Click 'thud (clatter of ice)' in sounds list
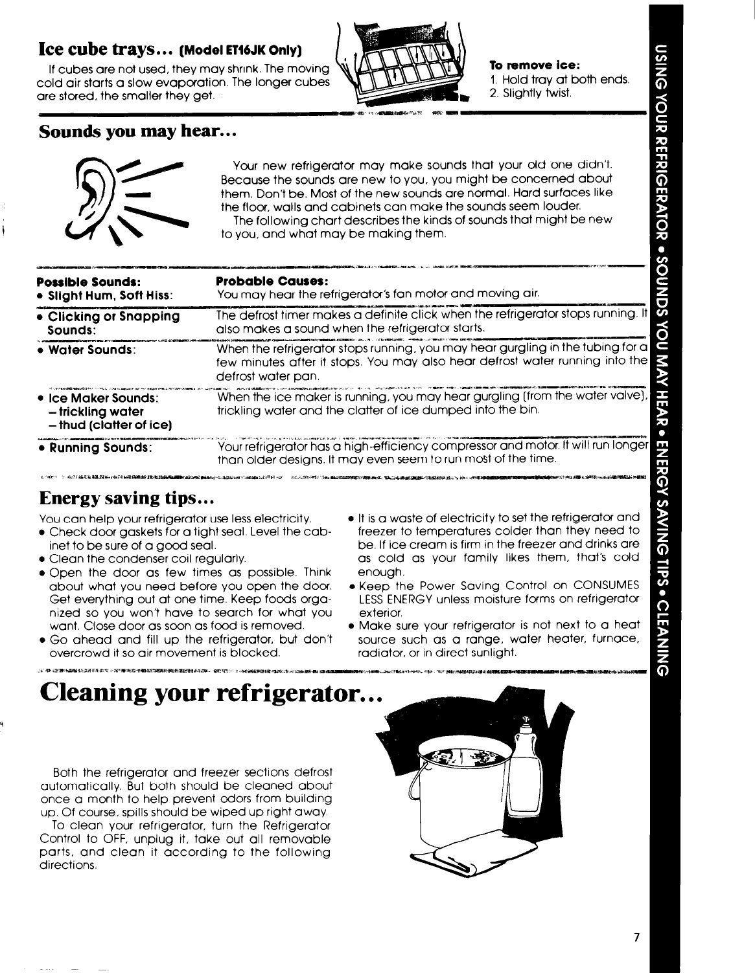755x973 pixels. point(110,425)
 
